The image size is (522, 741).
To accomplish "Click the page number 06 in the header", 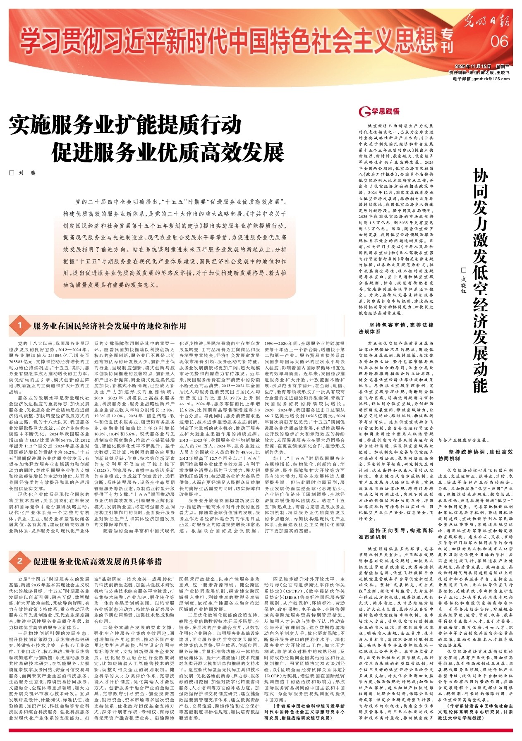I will [x=500, y=41].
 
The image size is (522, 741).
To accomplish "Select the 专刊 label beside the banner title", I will [x=447, y=42].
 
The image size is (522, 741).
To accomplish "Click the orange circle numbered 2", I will [x=19, y=561].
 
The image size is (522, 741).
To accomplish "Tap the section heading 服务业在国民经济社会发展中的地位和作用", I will [x=110, y=326].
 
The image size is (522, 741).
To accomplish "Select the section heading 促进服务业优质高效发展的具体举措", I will [x=98, y=561].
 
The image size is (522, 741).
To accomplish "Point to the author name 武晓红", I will [x=463, y=285].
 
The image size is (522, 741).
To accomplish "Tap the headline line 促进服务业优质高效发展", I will [x=168, y=152].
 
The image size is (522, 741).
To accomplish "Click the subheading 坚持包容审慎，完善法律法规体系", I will [x=395, y=328].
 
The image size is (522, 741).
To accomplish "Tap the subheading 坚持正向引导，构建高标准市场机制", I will [x=395, y=533].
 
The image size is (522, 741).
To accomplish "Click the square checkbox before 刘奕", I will [x=12, y=173].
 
